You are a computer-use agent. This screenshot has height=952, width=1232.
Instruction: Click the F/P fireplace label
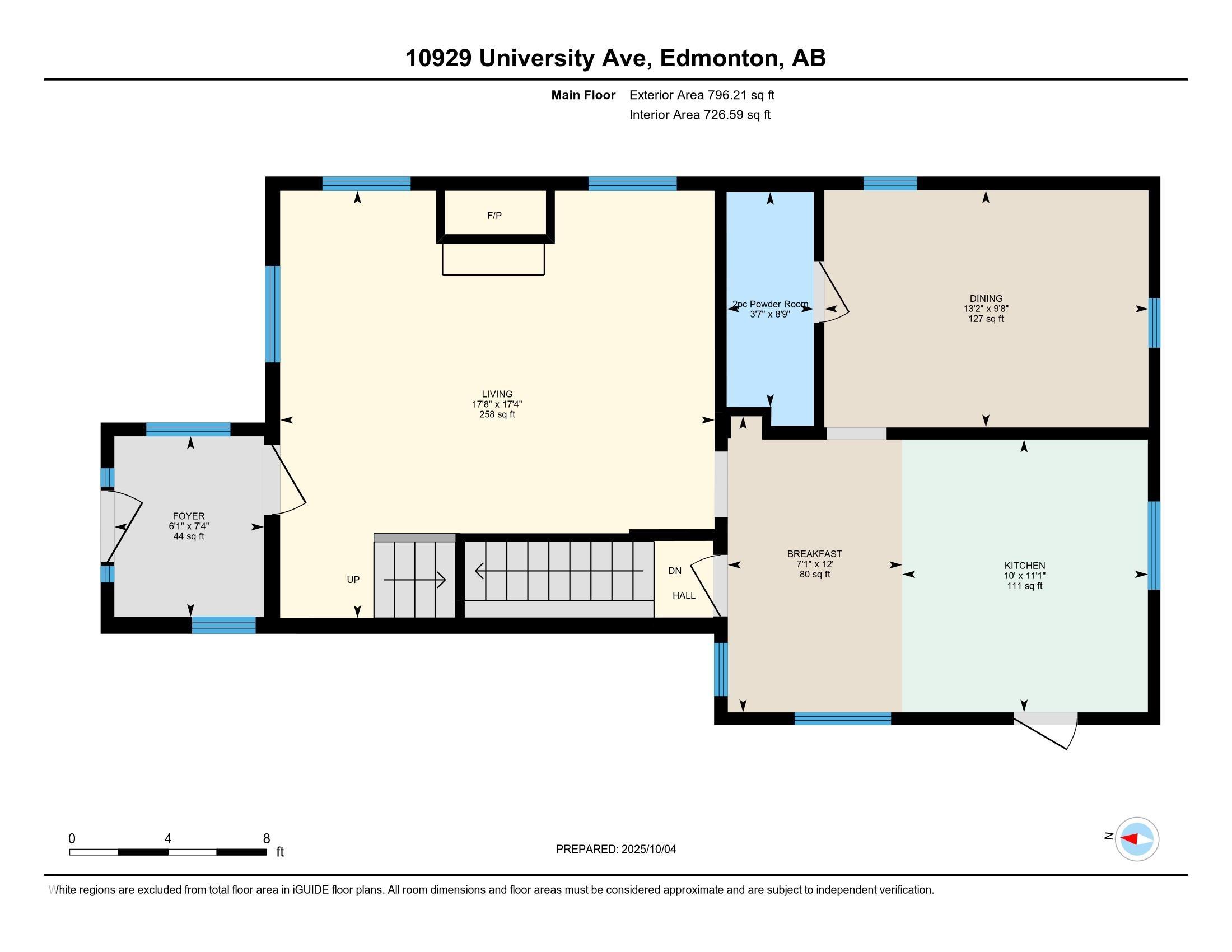(494, 216)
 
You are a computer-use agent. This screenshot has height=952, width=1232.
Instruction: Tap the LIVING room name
(497, 394)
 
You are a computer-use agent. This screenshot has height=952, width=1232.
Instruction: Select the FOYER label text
(188, 516)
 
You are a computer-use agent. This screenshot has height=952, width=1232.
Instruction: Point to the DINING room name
(986, 299)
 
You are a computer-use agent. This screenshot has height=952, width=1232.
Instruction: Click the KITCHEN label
(1024, 566)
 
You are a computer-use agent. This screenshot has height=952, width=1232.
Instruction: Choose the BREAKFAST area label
(815, 554)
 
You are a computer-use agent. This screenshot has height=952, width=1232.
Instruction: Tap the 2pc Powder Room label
(770, 305)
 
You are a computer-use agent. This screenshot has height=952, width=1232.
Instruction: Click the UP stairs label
(353, 580)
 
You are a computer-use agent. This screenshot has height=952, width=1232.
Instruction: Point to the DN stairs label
(675, 571)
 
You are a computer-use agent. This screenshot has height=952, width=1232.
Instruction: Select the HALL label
(684, 596)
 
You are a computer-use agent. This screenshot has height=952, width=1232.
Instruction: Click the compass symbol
(1137, 839)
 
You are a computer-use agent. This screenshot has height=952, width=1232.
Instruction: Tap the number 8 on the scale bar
(266, 838)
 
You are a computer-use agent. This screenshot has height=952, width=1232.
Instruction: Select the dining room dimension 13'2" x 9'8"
(986, 309)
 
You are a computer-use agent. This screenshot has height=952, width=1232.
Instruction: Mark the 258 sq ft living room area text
(497, 414)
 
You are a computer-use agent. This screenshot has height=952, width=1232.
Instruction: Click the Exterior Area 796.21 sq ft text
(702, 95)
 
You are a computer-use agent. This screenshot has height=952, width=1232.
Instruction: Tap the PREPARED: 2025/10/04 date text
(616, 850)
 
